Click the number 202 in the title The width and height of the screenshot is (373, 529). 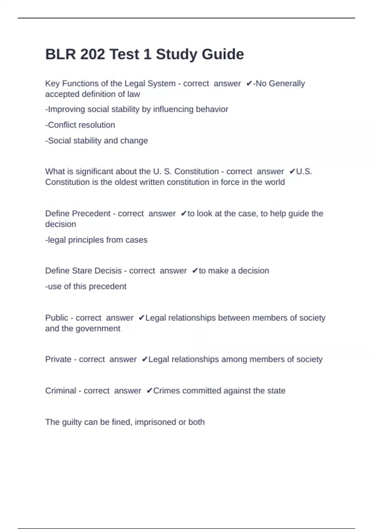tap(92, 54)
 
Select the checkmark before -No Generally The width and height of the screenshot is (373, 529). tap(249, 83)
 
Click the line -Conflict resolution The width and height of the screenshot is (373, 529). tap(80, 125)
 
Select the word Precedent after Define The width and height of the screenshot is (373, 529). tap(91, 213)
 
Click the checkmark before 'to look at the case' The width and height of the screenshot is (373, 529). tap(183, 213)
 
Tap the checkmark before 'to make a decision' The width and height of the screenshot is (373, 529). tap(195, 271)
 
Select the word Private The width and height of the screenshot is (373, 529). tap(58, 359)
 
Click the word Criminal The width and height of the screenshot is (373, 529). tap(61, 391)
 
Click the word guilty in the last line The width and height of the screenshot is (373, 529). tap(72, 422)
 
